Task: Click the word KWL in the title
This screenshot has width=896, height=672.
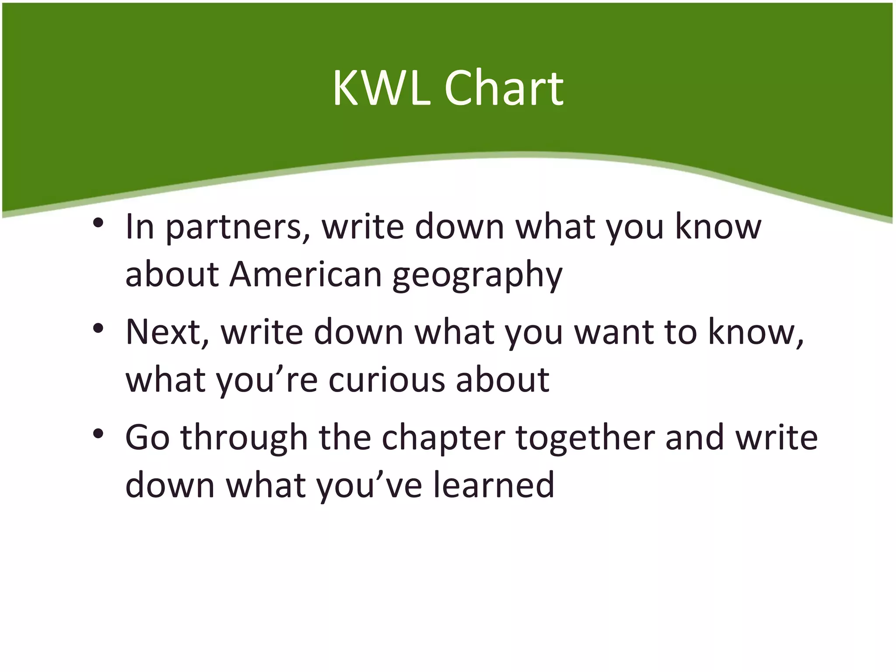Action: click(381, 89)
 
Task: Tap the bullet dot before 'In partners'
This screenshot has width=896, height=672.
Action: click(98, 223)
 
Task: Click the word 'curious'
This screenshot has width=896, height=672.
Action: click(386, 380)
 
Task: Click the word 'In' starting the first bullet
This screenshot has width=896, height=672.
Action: click(140, 227)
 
